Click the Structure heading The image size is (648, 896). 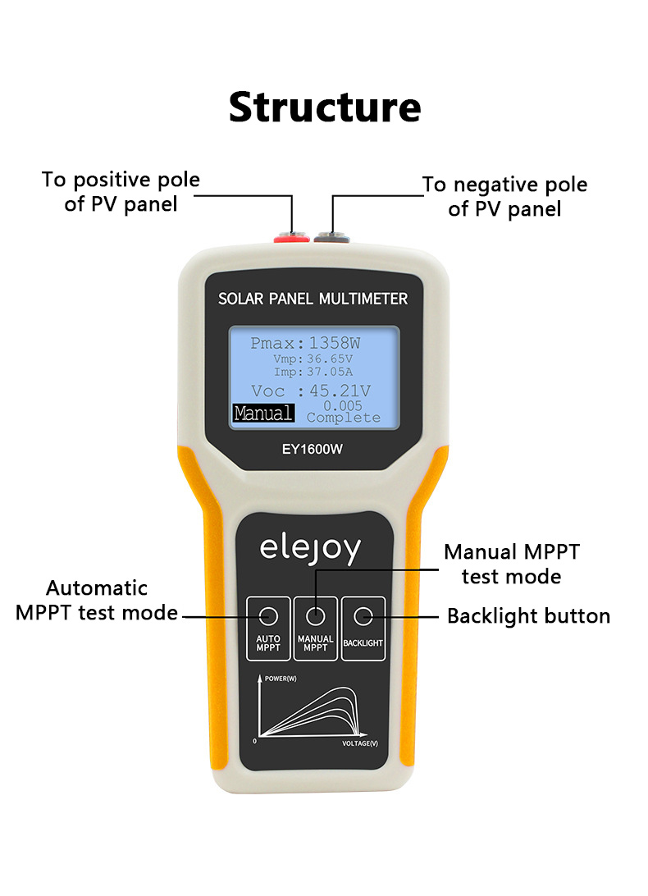point(324,107)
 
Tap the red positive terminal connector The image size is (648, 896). point(292,238)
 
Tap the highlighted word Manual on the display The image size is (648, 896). point(262,413)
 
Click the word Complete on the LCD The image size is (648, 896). point(343,418)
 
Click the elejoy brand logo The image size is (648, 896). point(310,549)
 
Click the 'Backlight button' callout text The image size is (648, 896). point(528,616)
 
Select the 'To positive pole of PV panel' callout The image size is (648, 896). point(121,191)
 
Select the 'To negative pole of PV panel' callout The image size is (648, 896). point(504,196)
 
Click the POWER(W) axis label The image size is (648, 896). point(281,679)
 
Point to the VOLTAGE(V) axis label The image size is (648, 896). point(360,743)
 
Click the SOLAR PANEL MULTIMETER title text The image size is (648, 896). point(313,299)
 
